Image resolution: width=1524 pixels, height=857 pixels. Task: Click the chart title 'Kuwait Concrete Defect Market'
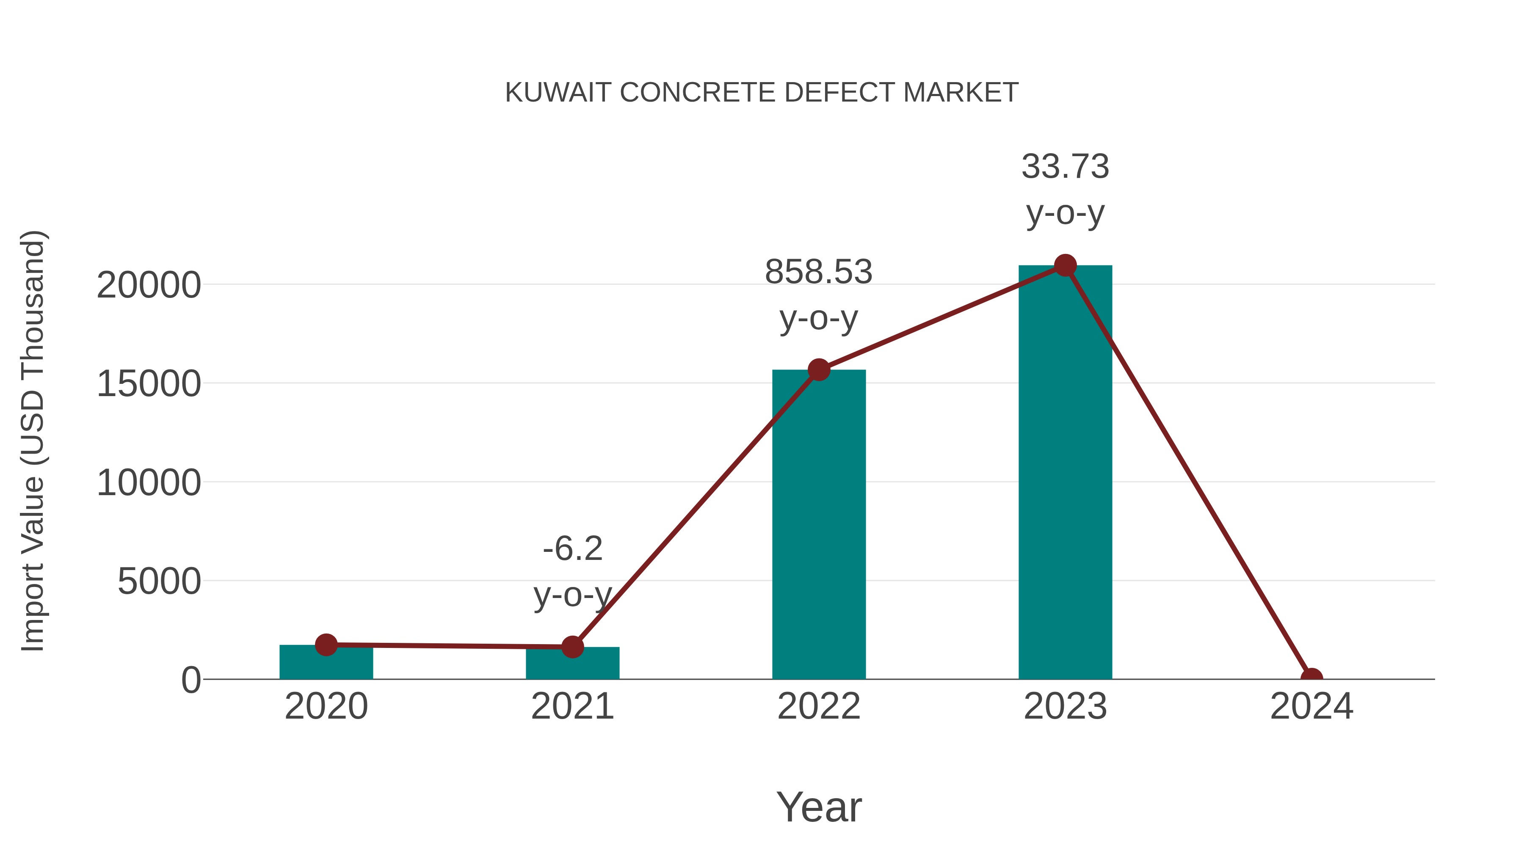(762, 92)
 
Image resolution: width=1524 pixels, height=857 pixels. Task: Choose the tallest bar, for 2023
(1065, 473)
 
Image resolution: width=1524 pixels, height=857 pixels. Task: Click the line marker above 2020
(326, 645)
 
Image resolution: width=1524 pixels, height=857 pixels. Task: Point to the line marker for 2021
(572, 647)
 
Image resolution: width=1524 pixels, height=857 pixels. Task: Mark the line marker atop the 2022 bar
(819, 370)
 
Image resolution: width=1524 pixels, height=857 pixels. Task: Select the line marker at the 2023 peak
(1065, 265)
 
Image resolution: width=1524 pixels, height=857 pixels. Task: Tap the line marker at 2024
(1311, 678)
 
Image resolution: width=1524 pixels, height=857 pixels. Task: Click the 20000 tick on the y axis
(149, 286)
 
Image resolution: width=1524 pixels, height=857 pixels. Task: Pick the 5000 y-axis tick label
(159, 582)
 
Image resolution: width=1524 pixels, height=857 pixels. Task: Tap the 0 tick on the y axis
(191, 680)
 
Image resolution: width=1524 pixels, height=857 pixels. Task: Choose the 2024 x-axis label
(1311, 707)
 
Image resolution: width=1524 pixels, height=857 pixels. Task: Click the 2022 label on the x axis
(819, 707)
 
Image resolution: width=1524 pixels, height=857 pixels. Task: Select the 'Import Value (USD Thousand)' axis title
(33, 441)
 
